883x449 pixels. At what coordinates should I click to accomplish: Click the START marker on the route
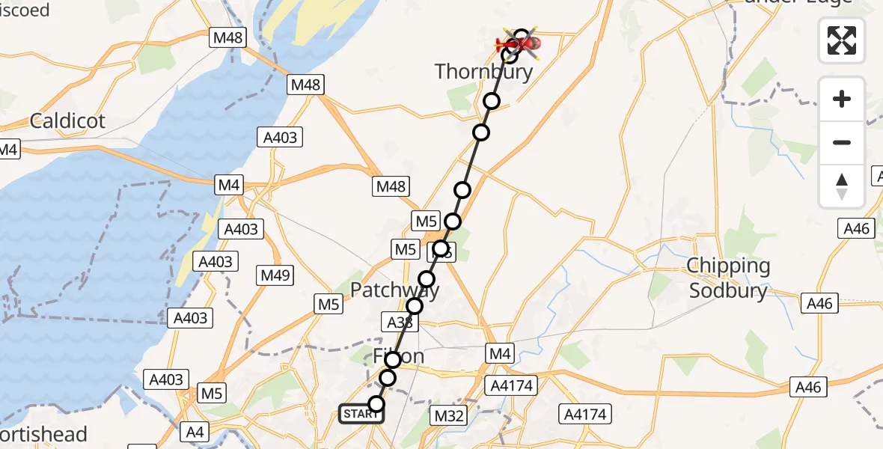361,413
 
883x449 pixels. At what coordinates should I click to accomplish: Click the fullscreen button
842,40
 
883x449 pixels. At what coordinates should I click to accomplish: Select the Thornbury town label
483,72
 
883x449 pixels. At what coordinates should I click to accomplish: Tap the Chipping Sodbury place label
729,278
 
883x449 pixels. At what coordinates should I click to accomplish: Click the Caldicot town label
67,120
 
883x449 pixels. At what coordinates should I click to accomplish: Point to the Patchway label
395,289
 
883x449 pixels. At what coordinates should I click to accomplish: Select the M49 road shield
275,275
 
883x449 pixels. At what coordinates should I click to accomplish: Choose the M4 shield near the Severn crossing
227,184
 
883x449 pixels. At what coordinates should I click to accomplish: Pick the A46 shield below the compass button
857,228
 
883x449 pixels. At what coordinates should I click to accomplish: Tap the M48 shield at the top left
228,37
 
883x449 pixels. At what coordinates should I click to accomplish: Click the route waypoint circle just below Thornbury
491,101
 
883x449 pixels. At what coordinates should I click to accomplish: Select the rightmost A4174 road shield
587,414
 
